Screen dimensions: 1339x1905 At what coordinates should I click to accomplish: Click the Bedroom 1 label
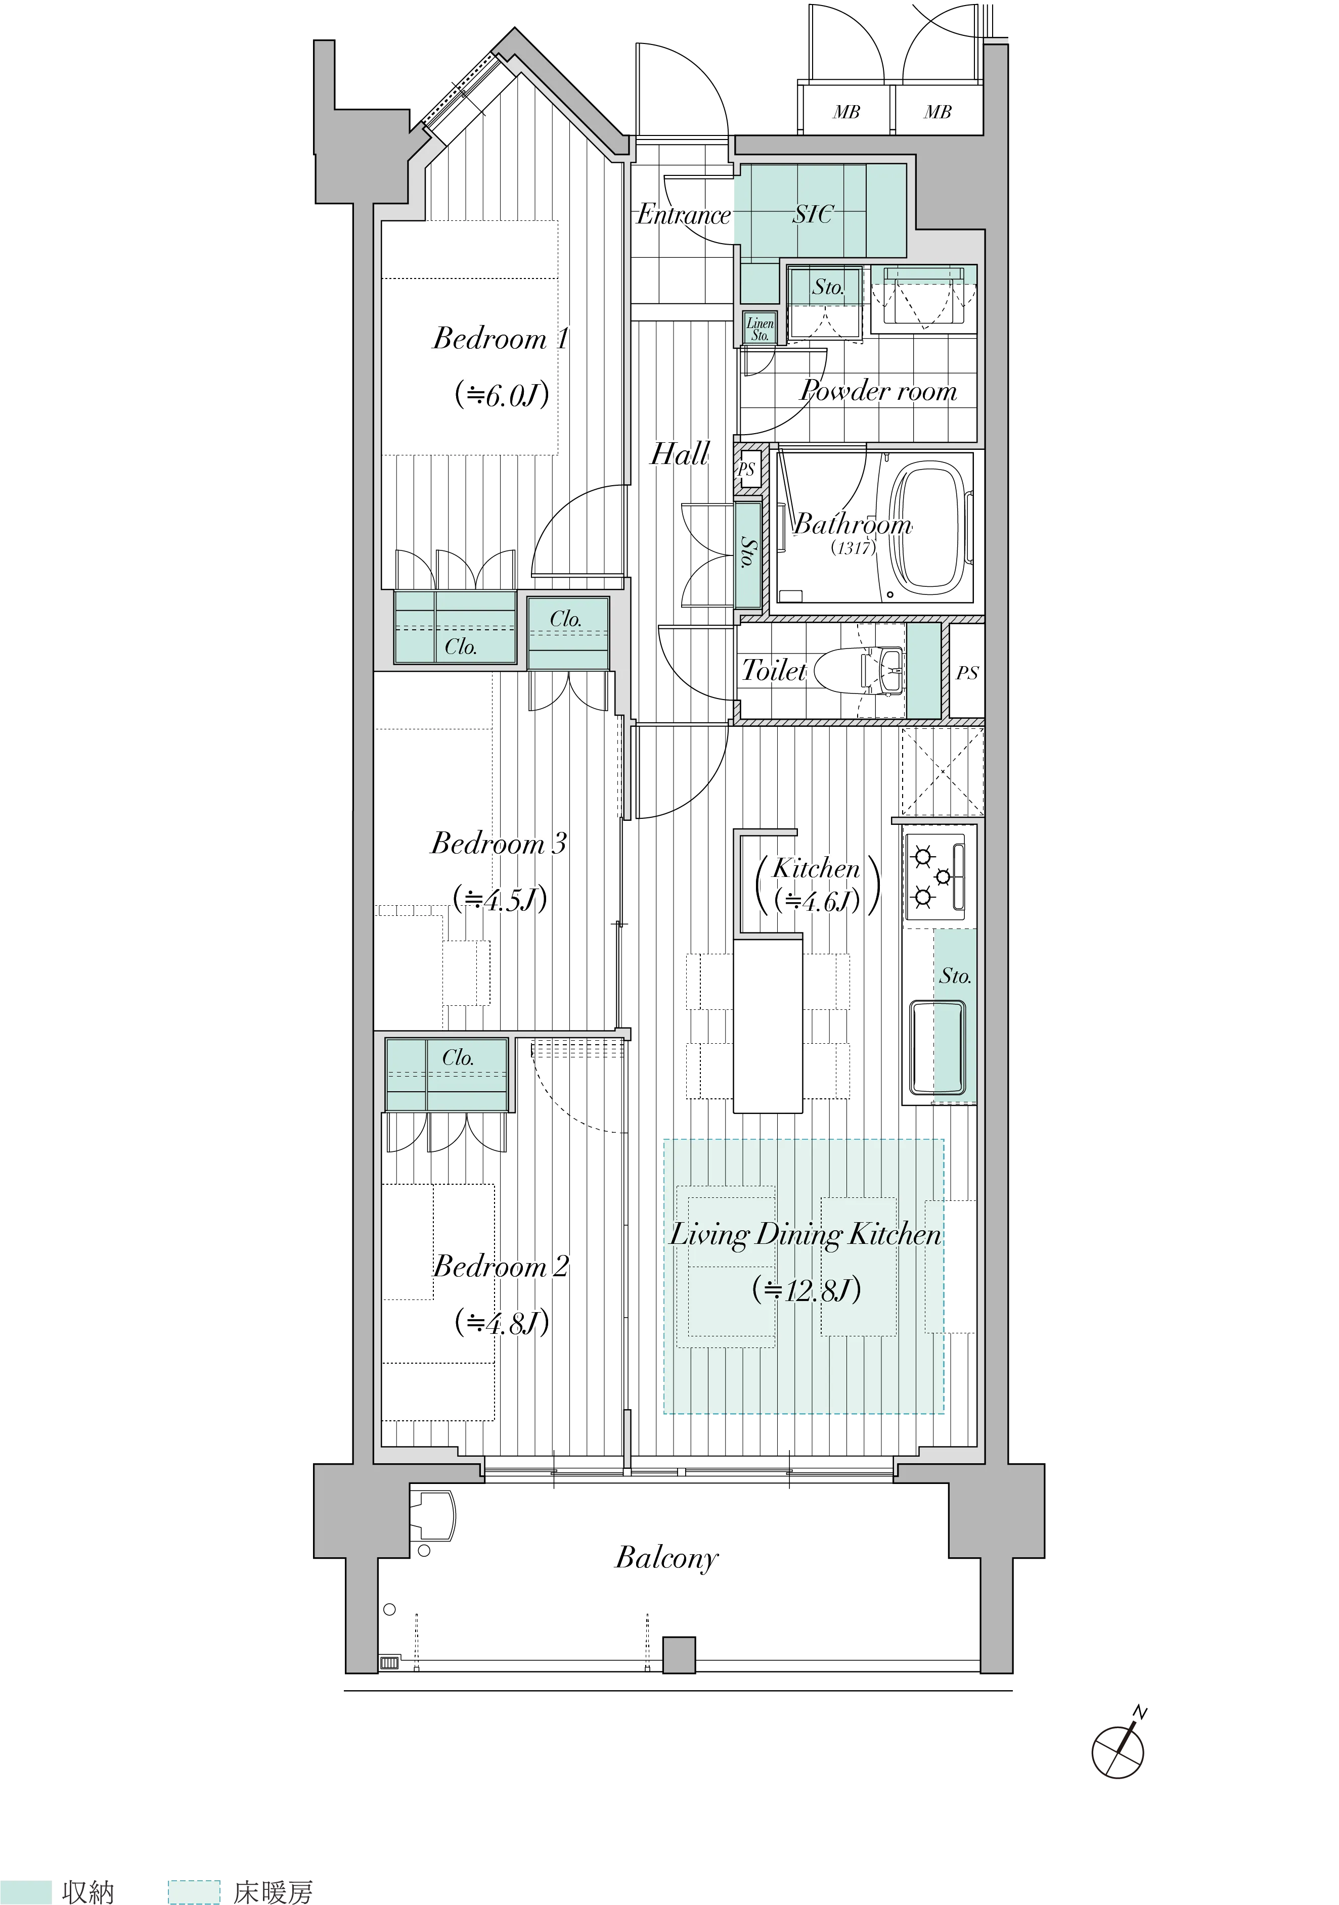pyautogui.click(x=501, y=339)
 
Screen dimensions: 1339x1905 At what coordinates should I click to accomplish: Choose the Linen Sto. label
pyautogui.click(x=760, y=330)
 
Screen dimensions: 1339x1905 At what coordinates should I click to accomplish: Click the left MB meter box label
pyautogui.click(x=846, y=111)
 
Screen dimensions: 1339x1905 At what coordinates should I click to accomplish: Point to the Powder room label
pyautogui.click(x=878, y=390)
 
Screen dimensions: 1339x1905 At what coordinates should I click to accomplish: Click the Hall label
pyautogui.click(x=680, y=454)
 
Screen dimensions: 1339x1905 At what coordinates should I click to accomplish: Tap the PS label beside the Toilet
pyautogui.click(x=967, y=673)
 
